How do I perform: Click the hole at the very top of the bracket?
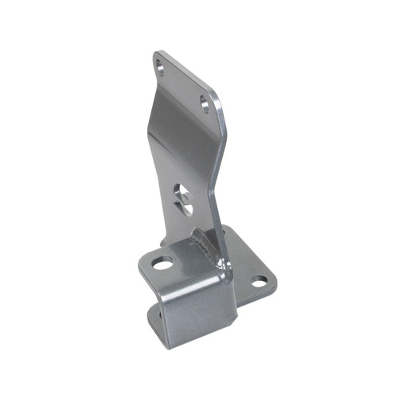click(162, 68)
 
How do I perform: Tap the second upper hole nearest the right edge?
click(205, 103)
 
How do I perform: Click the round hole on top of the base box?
click(163, 263)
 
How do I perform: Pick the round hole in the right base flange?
click(259, 281)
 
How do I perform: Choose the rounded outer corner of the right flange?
click(273, 279)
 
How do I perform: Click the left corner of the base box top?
click(141, 267)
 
